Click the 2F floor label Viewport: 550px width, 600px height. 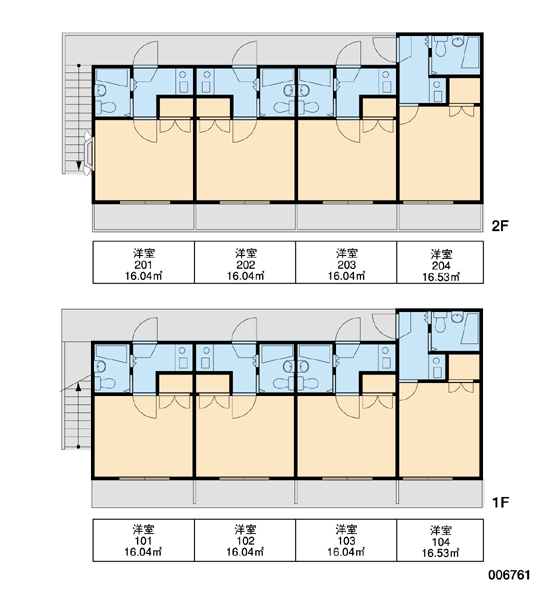(500, 226)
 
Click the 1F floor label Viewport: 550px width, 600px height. (500, 502)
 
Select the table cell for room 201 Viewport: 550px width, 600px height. (144, 262)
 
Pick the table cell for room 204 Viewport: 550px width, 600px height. (440, 262)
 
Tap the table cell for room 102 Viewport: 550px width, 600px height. (245, 540)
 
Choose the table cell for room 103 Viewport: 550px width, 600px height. (346, 540)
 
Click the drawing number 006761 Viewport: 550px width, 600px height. (509, 575)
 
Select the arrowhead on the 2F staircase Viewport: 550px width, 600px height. (78, 165)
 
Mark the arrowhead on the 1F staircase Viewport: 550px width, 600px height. (78, 386)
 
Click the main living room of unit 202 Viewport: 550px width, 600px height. (245, 166)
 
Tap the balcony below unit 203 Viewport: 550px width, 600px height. (347, 217)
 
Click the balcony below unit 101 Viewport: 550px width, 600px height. (143, 493)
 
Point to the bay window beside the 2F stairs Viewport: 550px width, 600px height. (88, 153)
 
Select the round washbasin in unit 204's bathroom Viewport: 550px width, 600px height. (457, 41)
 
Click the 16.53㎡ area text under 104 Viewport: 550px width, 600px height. (440, 553)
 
